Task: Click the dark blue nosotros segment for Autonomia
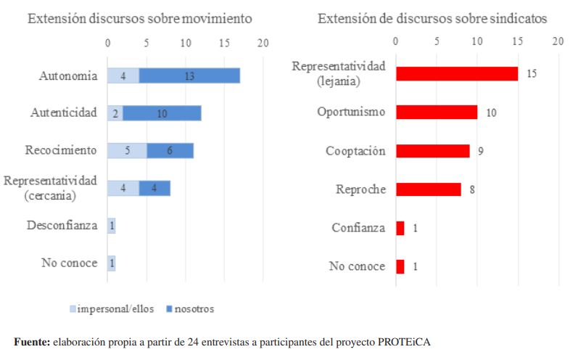[x=189, y=75]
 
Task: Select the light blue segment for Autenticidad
[x=115, y=112]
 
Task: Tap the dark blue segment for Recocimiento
[x=170, y=150]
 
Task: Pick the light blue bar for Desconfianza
[x=111, y=226]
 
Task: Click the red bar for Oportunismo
[x=436, y=112]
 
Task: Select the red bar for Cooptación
[x=432, y=150]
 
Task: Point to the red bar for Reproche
[x=428, y=189]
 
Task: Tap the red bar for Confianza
[x=400, y=228]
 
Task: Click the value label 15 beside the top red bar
[x=532, y=74]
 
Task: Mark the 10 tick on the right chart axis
[x=477, y=42]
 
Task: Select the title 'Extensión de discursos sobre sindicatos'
[x=432, y=19]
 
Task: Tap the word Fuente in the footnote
[x=30, y=342]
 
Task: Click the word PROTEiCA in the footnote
[x=408, y=342]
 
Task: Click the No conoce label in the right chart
[x=357, y=266]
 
